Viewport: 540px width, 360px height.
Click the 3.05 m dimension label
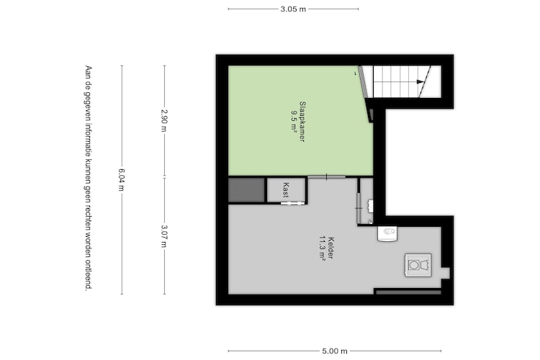[x=293, y=9]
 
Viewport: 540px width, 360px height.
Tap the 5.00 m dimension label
[x=335, y=351]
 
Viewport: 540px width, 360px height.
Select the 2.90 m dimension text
[x=164, y=120]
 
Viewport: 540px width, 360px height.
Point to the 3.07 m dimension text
[x=164, y=236]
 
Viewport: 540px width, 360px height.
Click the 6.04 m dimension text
[x=122, y=179]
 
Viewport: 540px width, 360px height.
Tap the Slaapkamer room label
[x=302, y=121]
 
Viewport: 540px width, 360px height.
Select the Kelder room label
[x=331, y=248]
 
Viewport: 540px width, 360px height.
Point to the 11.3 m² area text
[x=323, y=248]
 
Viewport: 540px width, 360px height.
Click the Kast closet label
[x=286, y=189]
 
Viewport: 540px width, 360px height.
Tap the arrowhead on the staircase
[x=420, y=81]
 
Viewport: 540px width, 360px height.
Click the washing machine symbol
[x=418, y=265]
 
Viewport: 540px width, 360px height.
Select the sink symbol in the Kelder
[x=387, y=233]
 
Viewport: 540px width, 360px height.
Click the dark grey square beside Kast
[x=246, y=190]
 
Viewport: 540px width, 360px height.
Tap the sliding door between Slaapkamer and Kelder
[x=326, y=177]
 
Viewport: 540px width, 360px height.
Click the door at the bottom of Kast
[x=292, y=203]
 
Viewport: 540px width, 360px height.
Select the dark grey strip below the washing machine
[x=408, y=292]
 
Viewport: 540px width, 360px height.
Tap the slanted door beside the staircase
[x=365, y=94]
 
